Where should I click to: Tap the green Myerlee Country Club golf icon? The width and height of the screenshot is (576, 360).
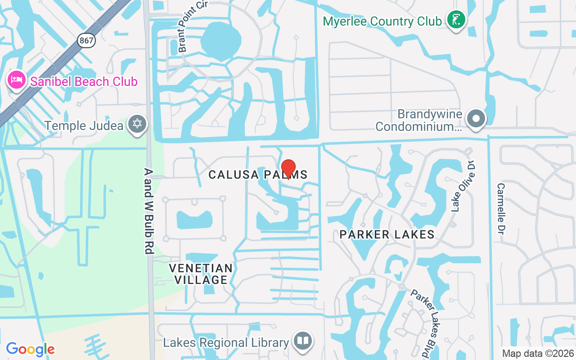456,19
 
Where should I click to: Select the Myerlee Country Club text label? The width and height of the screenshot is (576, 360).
382,21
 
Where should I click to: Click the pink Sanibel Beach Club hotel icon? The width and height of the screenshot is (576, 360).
16,81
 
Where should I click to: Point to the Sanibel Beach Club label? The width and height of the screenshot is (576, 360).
84,81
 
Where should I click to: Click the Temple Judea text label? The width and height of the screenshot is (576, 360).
84,126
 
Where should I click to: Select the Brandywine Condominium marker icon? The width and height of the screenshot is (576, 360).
476,119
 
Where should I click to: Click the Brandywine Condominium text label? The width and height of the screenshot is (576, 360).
418,121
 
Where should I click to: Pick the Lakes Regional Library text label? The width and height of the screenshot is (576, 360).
226,343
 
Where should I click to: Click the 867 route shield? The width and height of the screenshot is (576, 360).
85,40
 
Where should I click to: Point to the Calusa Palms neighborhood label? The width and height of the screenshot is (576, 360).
258,175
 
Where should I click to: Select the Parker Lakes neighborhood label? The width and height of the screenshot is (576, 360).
387,234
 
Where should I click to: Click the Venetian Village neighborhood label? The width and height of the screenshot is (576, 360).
201,274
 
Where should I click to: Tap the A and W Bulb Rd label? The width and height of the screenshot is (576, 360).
149,211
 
